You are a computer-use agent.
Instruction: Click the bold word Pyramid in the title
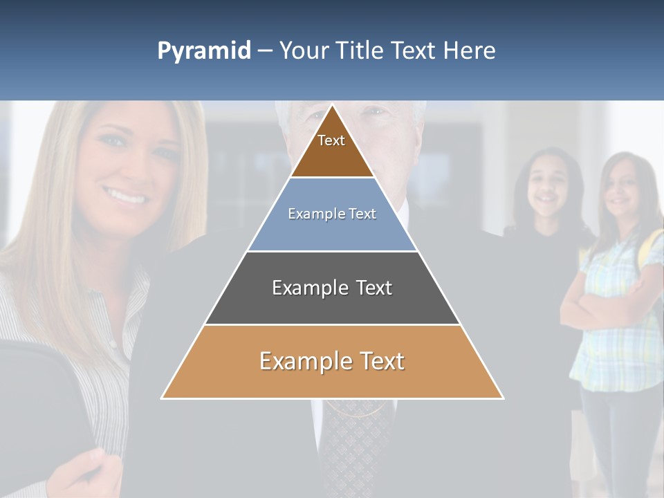click(x=203, y=50)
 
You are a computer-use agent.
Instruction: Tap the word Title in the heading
click(x=362, y=50)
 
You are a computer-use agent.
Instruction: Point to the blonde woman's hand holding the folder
click(x=83, y=470)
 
